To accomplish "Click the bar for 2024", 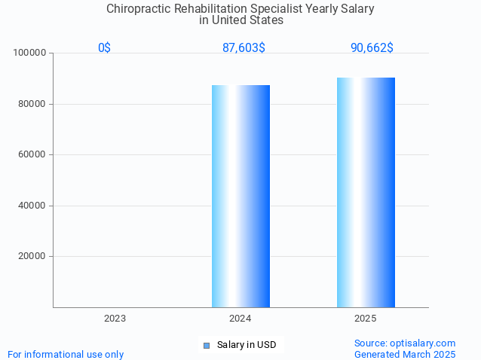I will (240, 196).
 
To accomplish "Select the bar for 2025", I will (366, 192).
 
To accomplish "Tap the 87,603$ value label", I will (244, 48).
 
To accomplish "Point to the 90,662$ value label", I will (372, 48).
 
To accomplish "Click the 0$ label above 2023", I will (104, 48).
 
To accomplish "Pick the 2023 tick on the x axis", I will (115, 319).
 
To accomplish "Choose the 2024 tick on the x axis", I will (240, 319).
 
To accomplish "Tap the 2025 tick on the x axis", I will (366, 319).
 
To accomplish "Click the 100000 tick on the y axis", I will (31, 53).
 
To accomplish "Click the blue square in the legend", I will (207, 346).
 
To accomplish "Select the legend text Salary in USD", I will (247, 345).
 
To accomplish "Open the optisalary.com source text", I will (405, 343).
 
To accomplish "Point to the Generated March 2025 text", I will (405, 354).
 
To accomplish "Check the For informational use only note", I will (66, 354).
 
